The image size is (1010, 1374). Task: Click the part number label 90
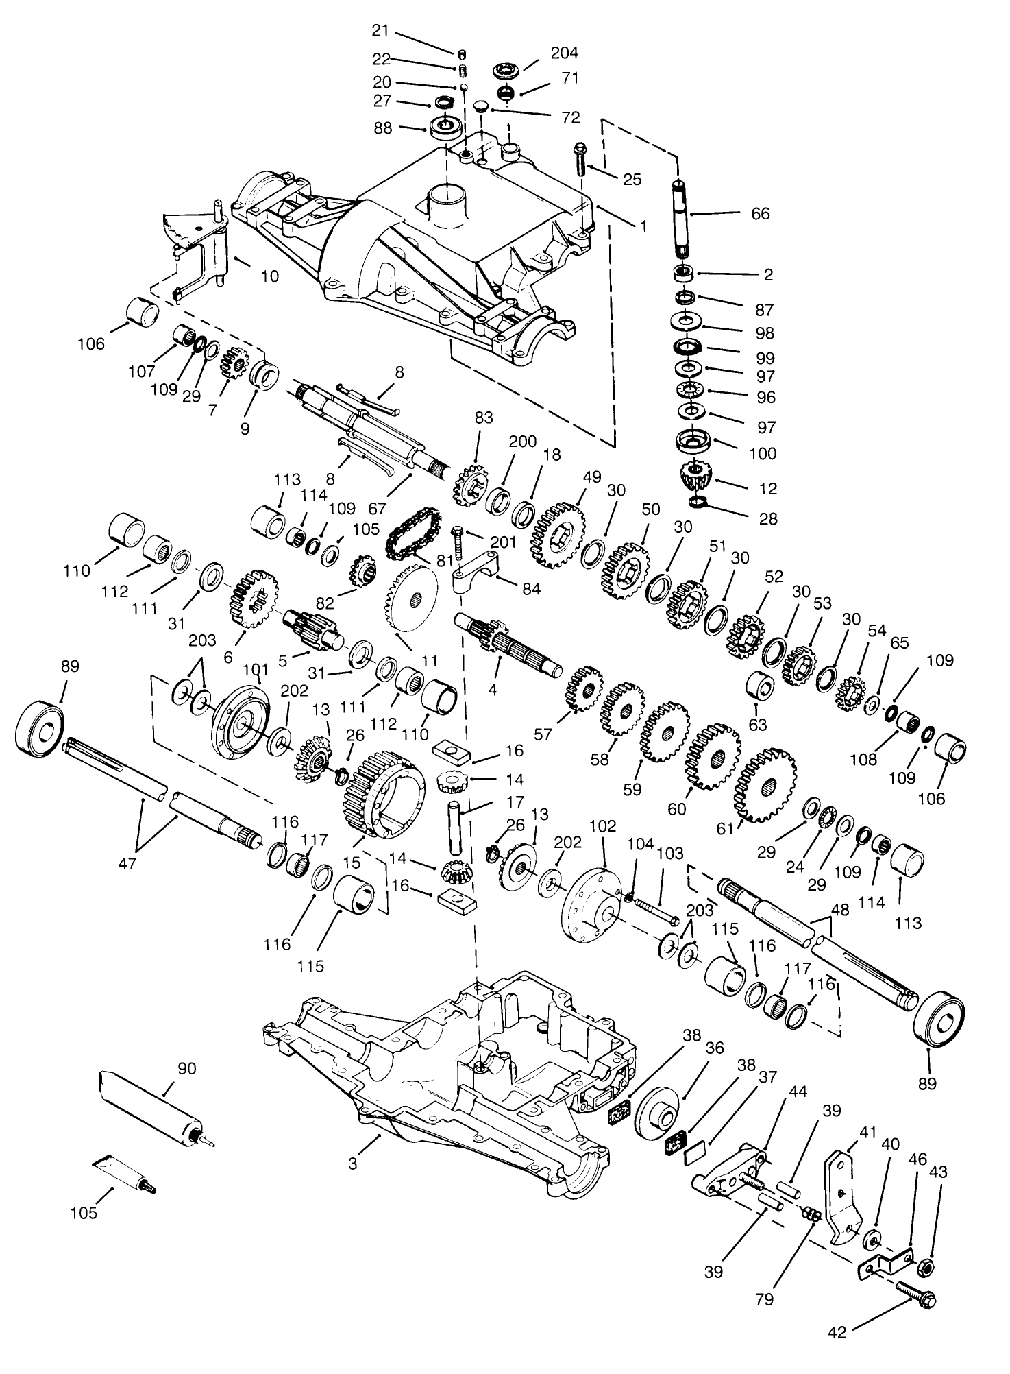click(186, 1068)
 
